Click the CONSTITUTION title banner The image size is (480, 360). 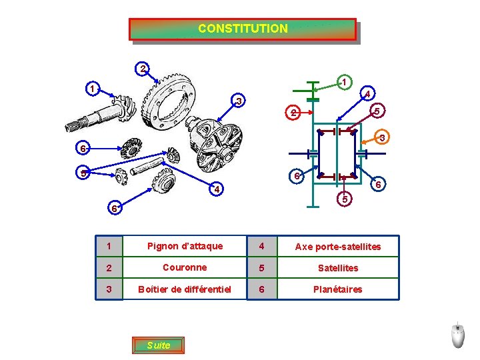point(243,29)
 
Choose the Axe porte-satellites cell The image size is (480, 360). point(337,247)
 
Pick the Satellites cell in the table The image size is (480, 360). point(337,268)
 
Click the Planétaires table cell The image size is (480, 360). point(337,289)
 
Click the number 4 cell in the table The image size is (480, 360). point(262,246)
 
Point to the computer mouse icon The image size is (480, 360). point(457,335)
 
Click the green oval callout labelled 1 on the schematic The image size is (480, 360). point(342,81)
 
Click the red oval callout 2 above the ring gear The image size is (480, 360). point(142,68)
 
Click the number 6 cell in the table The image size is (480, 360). point(262,289)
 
